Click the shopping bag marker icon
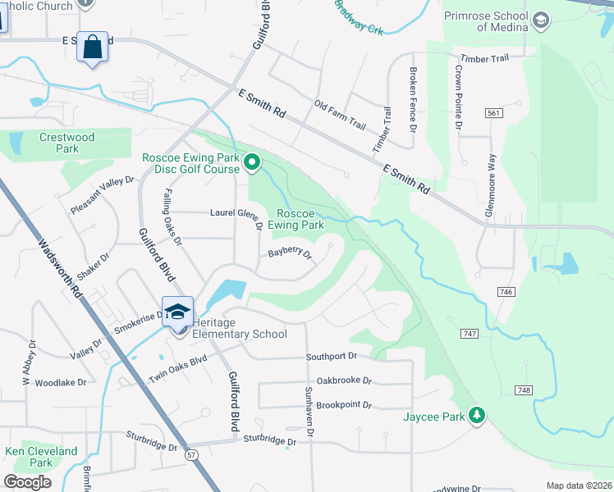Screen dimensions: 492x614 tap(93, 47)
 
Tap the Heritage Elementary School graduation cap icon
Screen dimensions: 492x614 tap(177, 312)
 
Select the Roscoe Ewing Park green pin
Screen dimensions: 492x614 tap(253, 166)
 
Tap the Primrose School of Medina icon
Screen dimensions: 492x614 tap(540, 19)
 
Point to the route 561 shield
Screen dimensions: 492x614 tap(493, 113)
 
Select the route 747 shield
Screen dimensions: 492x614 tap(470, 334)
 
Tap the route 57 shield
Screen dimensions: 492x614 tap(191, 453)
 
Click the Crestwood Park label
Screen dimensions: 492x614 tap(67, 143)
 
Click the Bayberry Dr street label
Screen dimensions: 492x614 tap(291, 253)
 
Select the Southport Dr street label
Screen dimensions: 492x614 tap(332, 357)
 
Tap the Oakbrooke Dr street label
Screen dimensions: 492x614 tap(344, 380)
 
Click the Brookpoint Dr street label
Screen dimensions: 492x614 tap(344, 405)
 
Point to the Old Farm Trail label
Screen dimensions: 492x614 tap(340, 116)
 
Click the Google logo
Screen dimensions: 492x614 tap(28, 481)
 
